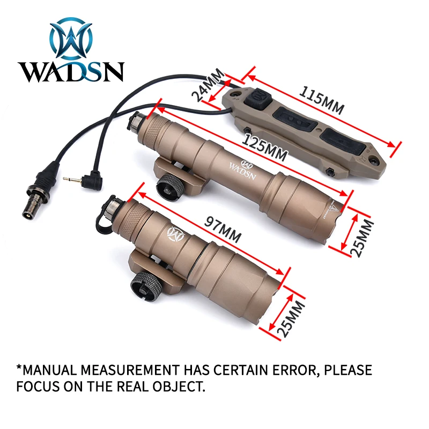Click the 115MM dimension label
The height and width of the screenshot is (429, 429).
point(321,100)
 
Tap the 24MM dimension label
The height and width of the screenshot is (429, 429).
point(208,85)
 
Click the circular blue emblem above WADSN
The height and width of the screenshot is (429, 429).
point(71,38)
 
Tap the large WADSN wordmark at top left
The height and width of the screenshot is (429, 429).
point(71,72)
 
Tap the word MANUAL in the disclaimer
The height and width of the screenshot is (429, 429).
point(48,370)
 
